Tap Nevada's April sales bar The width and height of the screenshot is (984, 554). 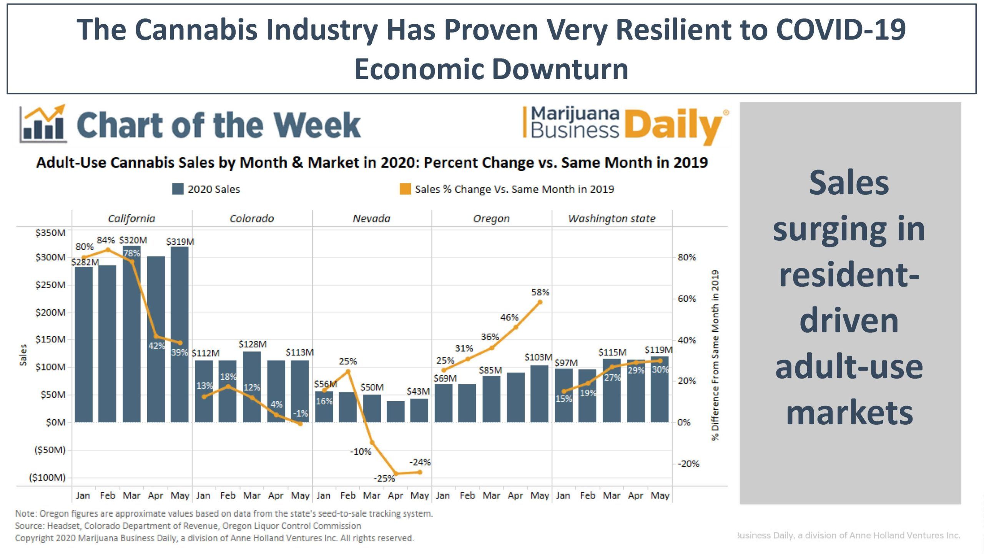click(396, 412)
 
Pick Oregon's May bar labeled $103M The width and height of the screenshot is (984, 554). click(539, 394)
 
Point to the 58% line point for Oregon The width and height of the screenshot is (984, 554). click(540, 302)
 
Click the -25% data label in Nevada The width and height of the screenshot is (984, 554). click(384, 478)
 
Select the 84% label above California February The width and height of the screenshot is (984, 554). click(105, 240)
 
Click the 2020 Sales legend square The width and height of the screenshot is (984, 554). click(178, 189)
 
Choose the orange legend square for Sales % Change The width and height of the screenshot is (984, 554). click(405, 189)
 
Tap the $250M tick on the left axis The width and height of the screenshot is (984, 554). click(50, 285)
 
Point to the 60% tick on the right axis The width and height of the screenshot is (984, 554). click(686, 299)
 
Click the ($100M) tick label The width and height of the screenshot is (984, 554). click(48, 477)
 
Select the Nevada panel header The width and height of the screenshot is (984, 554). click(371, 219)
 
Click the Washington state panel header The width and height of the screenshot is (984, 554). click(611, 219)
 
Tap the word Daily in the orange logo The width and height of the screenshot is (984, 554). click(673, 125)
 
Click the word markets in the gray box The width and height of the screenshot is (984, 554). click(849, 412)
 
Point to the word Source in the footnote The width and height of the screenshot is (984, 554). click(28, 526)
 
